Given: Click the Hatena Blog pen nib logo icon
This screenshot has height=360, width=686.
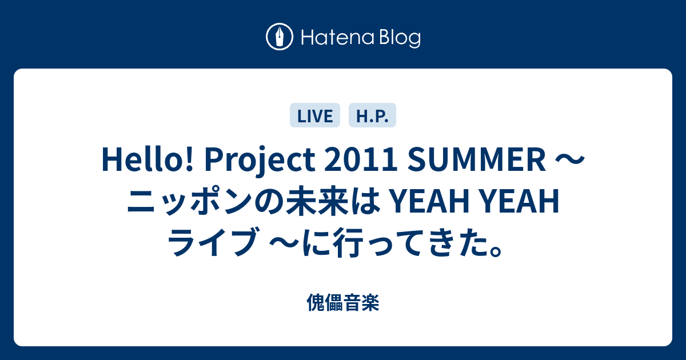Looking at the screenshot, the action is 280,37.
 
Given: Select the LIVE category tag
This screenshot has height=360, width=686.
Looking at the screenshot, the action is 315,115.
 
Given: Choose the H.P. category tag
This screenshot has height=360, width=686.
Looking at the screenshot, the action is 372,115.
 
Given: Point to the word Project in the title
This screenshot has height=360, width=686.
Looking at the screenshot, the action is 260,161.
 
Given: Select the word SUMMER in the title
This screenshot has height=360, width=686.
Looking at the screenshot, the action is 477,159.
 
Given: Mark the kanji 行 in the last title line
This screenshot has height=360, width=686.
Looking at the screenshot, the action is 348,242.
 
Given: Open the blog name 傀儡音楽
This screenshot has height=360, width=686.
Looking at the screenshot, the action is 343,302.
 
